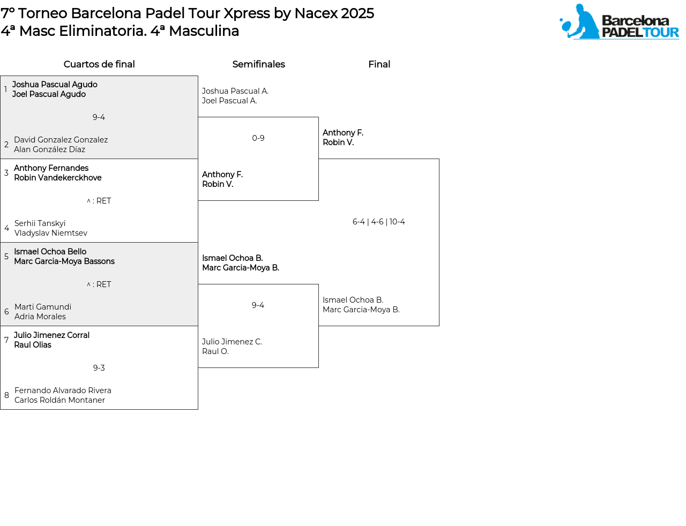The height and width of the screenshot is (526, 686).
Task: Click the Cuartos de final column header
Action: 99,64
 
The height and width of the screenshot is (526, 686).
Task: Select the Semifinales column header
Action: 258,64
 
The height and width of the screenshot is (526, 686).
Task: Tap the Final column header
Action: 379,64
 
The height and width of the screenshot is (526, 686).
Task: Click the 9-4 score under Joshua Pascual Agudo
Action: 99,117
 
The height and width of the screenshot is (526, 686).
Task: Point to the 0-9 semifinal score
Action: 258,138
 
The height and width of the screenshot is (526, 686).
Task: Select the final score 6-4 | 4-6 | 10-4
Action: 378,222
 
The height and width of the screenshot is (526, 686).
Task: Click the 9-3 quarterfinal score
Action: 99,368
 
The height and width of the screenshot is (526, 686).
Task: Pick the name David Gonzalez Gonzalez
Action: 61,140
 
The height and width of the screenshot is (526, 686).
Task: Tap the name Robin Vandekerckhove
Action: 58,178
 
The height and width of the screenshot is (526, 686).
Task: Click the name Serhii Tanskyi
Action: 40,223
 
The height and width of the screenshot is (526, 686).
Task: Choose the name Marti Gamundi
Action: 43,307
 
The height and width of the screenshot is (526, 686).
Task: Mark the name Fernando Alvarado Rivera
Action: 63,390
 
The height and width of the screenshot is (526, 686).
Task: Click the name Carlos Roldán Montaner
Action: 59,400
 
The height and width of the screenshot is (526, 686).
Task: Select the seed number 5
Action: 6,257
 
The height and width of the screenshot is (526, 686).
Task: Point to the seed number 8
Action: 6,395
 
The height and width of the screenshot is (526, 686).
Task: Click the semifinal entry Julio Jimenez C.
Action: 232,342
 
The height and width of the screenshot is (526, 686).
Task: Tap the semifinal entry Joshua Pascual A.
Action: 235,91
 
